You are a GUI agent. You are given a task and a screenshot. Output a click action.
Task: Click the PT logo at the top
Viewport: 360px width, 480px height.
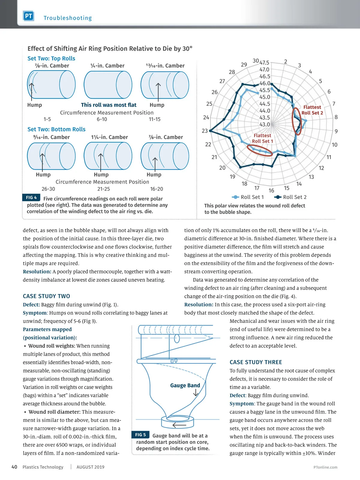pyautogui.click(x=28, y=16)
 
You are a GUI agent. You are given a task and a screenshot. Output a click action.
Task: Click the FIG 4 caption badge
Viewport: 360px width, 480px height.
pyautogui.click(x=31, y=197)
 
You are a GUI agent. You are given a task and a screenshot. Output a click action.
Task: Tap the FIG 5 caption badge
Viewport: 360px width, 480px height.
pyautogui.click(x=140, y=435)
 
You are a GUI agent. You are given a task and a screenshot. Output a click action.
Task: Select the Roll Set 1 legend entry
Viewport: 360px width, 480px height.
pyautogui.click(x=248, y=197)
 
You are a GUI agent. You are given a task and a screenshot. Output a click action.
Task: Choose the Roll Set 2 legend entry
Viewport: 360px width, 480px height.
pyautogui.click(x=291, y=197)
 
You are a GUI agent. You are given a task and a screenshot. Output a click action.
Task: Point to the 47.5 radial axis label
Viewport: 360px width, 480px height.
pyautogui.click(x=264, y=63)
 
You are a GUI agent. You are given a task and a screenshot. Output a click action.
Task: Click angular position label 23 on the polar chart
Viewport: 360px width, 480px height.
pyautogui.click(x=205, y=131)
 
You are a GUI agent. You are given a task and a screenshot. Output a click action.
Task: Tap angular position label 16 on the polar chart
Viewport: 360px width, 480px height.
pyautogui.click(x=271, y=190)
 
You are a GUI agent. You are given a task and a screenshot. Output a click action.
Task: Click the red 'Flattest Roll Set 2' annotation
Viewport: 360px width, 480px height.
pyautogui.click(x=312, y=110)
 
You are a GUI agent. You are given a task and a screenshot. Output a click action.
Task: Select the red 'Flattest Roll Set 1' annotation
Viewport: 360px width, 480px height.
pyautogui.click(x=262, y=138)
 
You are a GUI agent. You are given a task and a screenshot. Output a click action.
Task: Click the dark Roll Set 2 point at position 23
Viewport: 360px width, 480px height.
pyautogui.click(x=211, y=131)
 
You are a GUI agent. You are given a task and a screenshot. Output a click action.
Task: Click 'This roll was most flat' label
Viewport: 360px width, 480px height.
pyautogui.click(x=109, y=105)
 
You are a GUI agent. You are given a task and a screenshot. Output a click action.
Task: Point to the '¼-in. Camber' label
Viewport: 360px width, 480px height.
pyautogui.click(x=107, y=66)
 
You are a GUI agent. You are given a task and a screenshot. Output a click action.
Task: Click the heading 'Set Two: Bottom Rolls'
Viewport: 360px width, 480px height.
pyautogui.click(x=56, y=129)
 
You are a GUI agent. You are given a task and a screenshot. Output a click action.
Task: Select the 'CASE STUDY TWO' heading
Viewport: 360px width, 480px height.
pyautogui.click(x=46, y=296)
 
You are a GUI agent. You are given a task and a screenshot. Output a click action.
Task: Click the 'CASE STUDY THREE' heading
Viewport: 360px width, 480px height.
pyautogui.click(x=256, y=362)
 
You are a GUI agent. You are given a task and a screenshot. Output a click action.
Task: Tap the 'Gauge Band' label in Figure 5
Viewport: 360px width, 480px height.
pyautogui.click(x=185, y=385)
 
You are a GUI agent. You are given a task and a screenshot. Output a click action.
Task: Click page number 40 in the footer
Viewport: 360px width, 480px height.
pyautogui.click(x=14, y=467)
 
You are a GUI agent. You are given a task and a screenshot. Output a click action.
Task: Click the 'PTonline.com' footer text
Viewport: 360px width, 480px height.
pyautogui.click(x=325, y=467)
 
